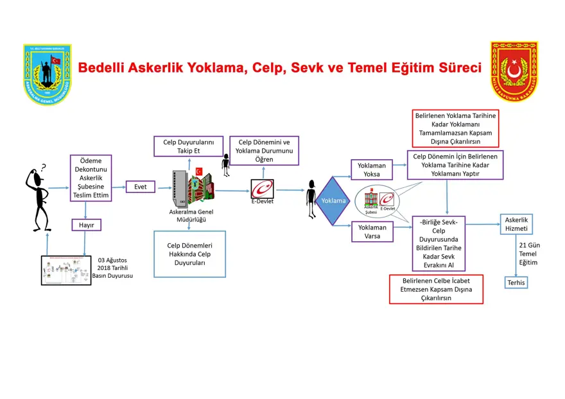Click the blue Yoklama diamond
334,201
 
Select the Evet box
141,187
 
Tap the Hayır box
86,225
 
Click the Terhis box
516,282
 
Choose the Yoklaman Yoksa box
372,169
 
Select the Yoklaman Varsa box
372,232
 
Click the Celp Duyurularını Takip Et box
189,146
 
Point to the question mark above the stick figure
43,168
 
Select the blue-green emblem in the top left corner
48,73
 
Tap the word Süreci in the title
459,67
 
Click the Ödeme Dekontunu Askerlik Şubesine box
91,178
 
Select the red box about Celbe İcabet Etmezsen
436,289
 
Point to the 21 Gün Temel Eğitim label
527,253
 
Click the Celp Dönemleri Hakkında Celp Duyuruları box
189,254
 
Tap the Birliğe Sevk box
439,243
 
